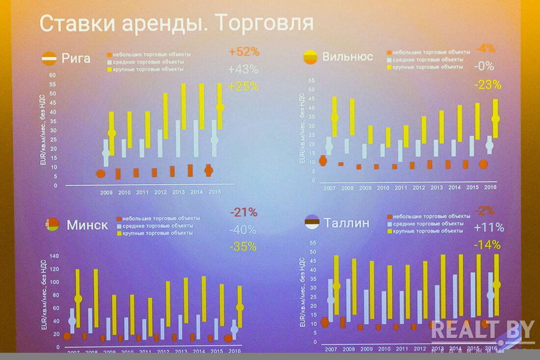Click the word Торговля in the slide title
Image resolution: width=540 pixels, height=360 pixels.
pyautogui.click(x=265, y=23)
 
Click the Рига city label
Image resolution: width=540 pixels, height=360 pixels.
pyautogui.click(x=76, y=58)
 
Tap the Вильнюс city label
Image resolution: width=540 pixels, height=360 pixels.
pyautogui.click(x=348, y=56)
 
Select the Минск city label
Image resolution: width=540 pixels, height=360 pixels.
pyautogui.click(x=87, y=225)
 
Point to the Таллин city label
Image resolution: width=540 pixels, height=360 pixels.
pyautogui.click(x=346, y=223)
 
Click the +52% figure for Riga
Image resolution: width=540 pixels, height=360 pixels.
pyautogui.click(x=243, y=52)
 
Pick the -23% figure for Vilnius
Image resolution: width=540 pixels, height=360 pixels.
pyautogui.click(x=487, y=84)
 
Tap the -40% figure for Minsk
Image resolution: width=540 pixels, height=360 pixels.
pyautogui.click(x=243, y=230)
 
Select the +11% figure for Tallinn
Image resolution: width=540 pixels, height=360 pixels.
pyautogui.click(x=489, y=227)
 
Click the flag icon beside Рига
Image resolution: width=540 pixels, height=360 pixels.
pyautogui.click(x=49, y=58)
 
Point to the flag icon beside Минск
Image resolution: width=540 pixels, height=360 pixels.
pyautogui.click(x=52, y=225)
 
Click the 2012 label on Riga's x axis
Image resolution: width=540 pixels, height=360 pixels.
pyautogui.click(x=161, y=192)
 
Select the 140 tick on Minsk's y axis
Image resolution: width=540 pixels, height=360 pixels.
pyautogui.click(x=54, y=256)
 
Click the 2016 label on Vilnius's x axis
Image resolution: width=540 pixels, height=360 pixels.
pyautogui.click(x=490, y=187)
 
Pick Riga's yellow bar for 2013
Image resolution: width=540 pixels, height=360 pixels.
pyautogui.click(x=184, y=106)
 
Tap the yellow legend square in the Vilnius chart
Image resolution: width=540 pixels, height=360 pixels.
pyautogui.click(x=389, y=67)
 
